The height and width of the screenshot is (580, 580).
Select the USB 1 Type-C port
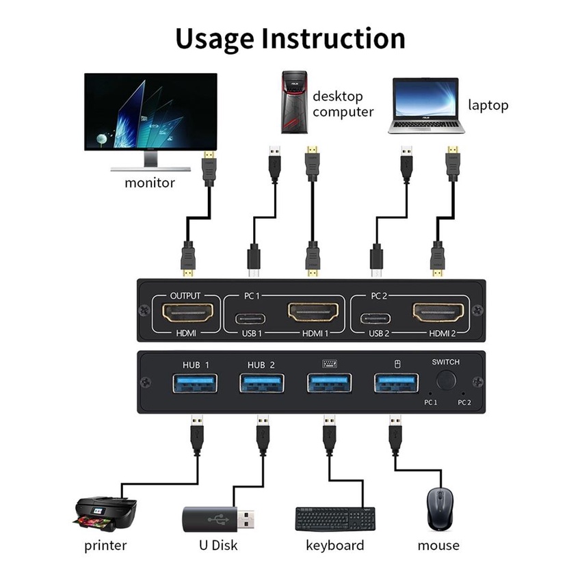pos(251,318)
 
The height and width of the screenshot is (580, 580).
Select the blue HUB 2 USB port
pos(262,383)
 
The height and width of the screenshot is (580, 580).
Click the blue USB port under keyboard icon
pos(329,383)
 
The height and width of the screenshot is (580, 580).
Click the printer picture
pos(105,514)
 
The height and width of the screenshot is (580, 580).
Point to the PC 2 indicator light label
pos(464,402)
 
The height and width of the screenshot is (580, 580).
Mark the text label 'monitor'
pos(150,183)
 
